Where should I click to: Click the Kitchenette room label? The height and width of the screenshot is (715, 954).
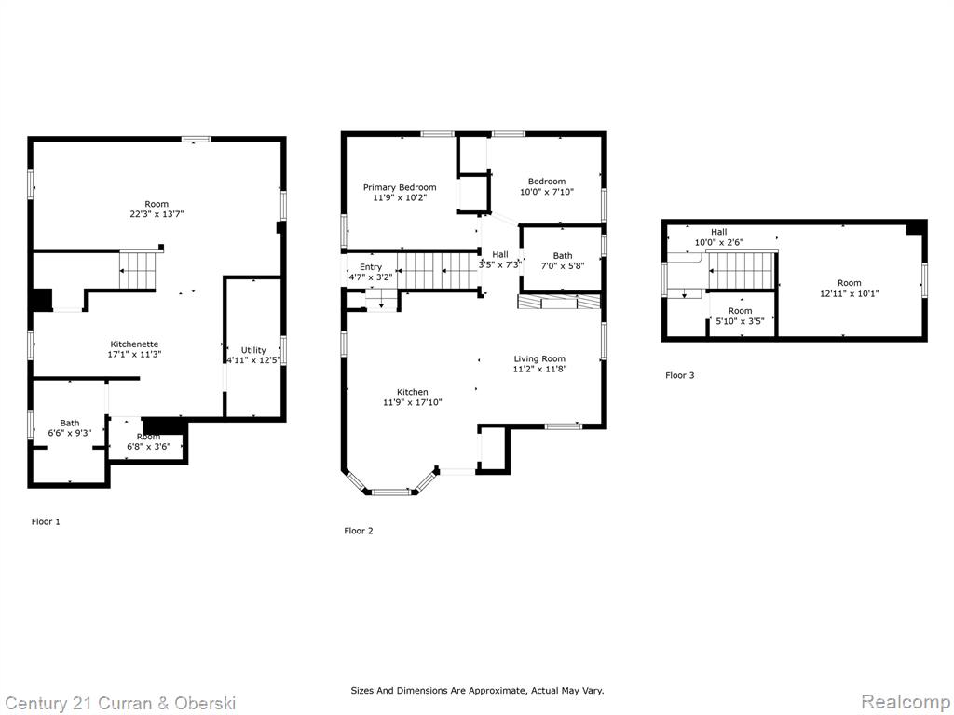pyautogui.click(x=134, y=344)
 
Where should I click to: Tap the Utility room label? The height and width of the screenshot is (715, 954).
pyautogui.click(x=253, y=350)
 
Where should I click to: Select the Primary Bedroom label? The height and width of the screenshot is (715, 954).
pyautogui.click(x=400, y=187)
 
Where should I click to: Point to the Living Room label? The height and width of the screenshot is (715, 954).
pyautogui.click(x=539, y=358)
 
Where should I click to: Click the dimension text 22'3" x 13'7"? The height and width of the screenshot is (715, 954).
pyautogui.click(x=157, y=214)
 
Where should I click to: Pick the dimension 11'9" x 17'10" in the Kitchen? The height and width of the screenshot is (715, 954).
pyautogui.click(x=413, y=402)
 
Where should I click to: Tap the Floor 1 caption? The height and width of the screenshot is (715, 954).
pyautogui.click(x=46, y=521)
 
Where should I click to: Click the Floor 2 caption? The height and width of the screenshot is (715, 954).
pyautogui.click(x=359, y=531)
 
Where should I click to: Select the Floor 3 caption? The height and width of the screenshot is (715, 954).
pyautogui.click(x=679, y=375)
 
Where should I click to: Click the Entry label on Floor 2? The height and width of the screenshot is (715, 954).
pyautogui.click(x=371, y=267)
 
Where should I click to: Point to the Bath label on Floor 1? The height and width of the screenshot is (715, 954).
pyautogui.click(x=70, y=424)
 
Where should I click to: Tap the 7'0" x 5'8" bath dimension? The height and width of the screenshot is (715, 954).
pyautogui.click(x=563, y=265)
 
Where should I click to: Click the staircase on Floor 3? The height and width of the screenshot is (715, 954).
pyautogui.click(x=741, y=270)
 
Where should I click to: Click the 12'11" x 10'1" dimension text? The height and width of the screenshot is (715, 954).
pyautogui.click(x=850, y=293)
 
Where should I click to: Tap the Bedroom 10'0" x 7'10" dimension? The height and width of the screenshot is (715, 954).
pyautogui.click(x=547, y=192)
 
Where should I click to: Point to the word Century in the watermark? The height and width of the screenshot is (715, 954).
pyautogui.click(x=36, y=704)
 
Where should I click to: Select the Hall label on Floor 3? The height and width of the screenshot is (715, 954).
pyautogui.click(x=718, y=232)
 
